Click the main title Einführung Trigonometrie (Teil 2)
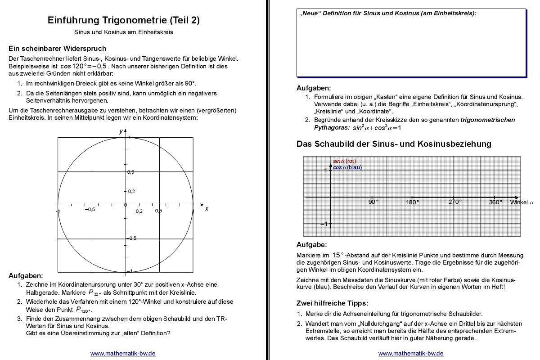[124, 20]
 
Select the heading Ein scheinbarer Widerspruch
[57, 48]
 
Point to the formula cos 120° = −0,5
[84, 66]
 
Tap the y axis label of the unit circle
[121, 131]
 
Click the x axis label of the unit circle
[207, 209]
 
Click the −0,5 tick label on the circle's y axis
[131, 238]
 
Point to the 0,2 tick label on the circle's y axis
[131, 191]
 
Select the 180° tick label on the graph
[412, 202]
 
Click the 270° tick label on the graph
[455, 202]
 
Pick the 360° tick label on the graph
[495, 202]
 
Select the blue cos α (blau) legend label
[347, 167]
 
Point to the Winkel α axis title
[522, 202]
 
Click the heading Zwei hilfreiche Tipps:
[332, 303]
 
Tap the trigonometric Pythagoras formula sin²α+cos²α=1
[377, 128]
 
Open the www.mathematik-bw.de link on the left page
[123, 354]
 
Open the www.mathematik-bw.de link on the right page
[411, 354]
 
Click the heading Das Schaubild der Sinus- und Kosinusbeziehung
[394, 144]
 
